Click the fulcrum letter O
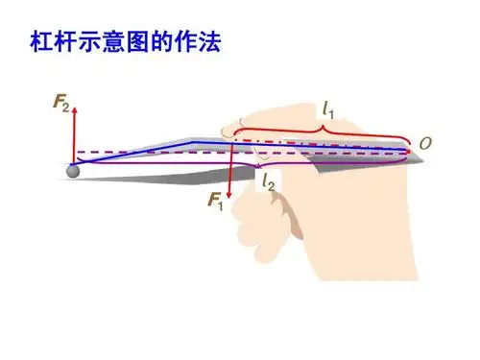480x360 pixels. click(424, 144)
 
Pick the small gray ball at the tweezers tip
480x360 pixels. click(72, 170)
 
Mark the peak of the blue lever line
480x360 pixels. click(197, 142)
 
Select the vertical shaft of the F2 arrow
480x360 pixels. click(75, 134)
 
